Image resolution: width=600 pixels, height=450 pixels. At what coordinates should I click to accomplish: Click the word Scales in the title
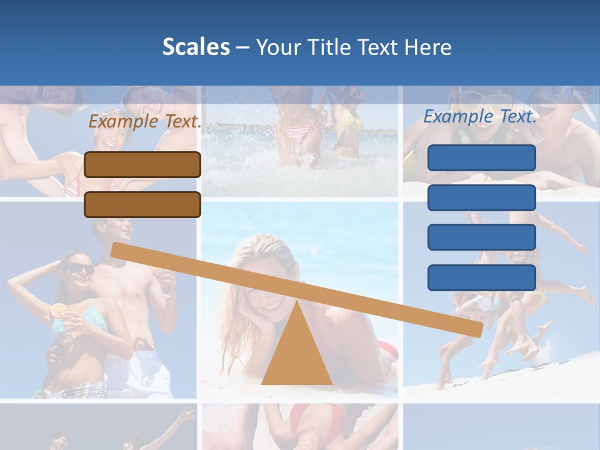196,47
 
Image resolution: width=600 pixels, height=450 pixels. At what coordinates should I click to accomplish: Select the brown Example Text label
145,121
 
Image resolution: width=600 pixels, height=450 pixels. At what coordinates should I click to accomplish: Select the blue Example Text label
480,116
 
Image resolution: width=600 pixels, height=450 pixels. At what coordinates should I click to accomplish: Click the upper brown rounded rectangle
142,164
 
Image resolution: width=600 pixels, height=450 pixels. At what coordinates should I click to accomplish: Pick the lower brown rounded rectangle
142,204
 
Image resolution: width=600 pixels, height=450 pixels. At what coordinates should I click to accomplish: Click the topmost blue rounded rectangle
481,157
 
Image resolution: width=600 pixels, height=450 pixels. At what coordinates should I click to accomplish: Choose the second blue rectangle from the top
481,197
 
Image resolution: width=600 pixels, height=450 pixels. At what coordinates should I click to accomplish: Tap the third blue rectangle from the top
481,237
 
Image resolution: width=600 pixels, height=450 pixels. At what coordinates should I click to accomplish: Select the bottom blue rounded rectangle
481,277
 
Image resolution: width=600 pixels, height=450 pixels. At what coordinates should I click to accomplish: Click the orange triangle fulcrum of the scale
296,356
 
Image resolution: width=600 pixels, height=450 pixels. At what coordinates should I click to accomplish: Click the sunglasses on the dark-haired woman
81,269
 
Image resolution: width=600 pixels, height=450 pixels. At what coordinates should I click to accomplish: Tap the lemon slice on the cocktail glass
59,310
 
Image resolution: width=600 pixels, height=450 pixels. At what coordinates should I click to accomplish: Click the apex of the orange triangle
296,301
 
